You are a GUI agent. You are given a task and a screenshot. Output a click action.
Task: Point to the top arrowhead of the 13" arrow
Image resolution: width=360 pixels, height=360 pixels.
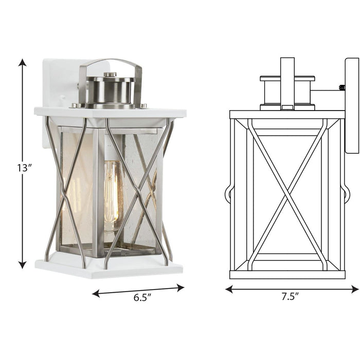tap(22, 62)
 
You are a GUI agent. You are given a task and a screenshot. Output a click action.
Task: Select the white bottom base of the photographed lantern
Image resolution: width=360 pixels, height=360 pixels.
tap(109, 268)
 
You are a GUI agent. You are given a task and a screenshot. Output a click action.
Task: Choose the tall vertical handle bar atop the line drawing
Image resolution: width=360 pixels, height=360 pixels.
tap(287, 82)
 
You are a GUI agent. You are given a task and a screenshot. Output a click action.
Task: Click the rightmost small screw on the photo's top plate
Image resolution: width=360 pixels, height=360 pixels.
tap(143, 106)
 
